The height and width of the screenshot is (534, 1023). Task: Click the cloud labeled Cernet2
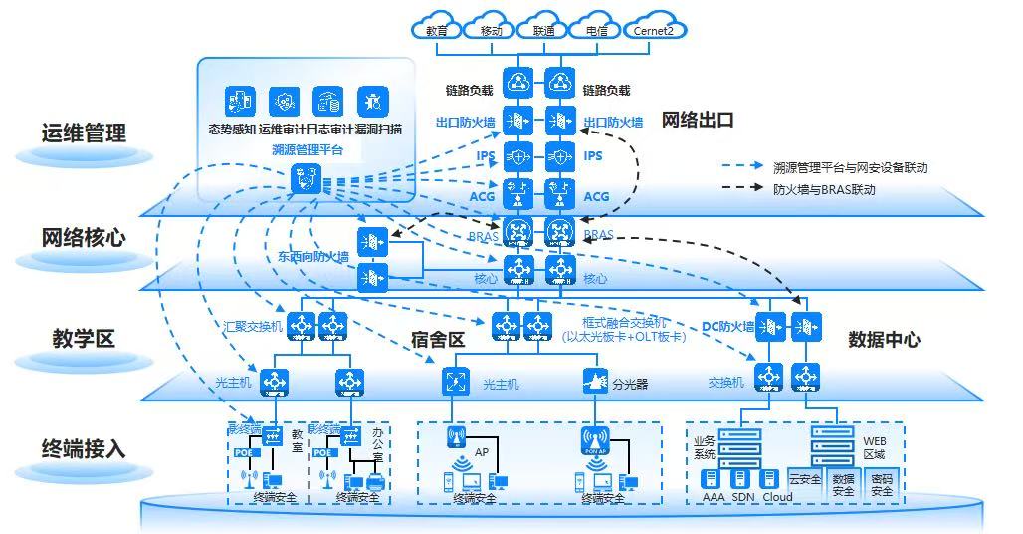654,29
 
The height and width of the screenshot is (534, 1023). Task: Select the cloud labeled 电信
597,29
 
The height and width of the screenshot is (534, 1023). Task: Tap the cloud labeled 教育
437,29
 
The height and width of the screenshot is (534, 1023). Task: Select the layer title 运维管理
84,133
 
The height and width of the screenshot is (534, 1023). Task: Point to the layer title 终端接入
84,447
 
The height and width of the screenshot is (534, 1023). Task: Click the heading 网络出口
698,120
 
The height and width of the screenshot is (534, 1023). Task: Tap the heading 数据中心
884,339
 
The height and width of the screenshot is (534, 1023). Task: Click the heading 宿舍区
438,340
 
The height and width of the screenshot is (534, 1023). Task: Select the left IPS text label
486,156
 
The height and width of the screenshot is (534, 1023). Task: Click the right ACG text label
596,197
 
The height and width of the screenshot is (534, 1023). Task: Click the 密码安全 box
882,484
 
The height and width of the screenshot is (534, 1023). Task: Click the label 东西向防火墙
313,256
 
